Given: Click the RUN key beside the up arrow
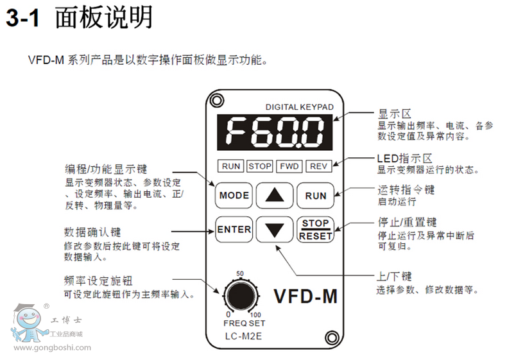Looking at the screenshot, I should click(x=316, y=195).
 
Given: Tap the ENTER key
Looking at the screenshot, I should click(x=234, y=229).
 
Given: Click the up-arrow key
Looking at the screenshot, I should click(x=274, y=195).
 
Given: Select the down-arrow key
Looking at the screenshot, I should click(x=274, y=229).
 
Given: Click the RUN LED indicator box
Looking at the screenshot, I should click(x=231, y=166).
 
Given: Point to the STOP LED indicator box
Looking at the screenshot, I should click(x=260, y=166).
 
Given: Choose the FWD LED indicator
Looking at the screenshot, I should click(x=289, y=166).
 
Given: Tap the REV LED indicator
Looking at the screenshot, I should click(x=318, y=166).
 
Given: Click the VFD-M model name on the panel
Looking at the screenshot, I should click(x=305, y=296).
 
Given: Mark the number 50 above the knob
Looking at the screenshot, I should click(x=240, y=274).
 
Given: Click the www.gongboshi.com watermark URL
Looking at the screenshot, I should click(x=51, y=348).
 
